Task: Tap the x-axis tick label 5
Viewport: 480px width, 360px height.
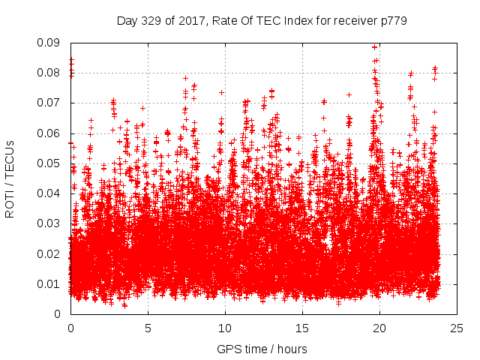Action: point(148,328)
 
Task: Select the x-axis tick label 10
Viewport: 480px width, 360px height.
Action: point(225,328)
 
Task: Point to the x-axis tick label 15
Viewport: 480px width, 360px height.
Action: point(302,328)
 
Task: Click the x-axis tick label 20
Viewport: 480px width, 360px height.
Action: point(379,328)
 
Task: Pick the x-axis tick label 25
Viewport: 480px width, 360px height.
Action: point(457,328)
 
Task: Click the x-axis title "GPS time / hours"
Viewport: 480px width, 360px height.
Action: point(262,349)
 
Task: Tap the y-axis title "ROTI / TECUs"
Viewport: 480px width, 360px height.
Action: point(10,178)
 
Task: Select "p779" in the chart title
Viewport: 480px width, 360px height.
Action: point(394,21)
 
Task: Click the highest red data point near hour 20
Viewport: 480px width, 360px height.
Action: point(374,46)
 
